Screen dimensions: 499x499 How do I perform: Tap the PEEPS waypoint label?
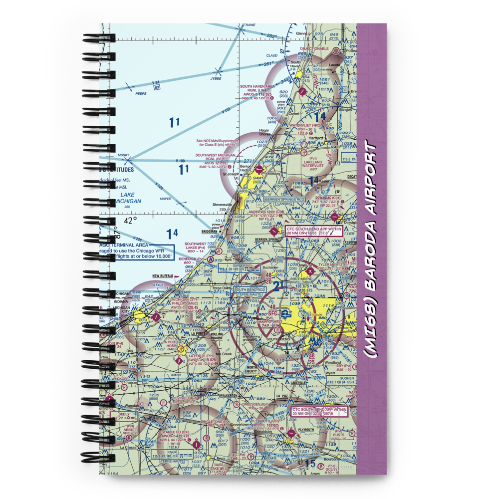click(127, 93)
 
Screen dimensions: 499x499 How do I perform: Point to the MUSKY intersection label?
click(123, 156)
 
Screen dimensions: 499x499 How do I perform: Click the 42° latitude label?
click(130, 220)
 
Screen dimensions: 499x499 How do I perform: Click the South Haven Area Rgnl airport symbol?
click(303, 91)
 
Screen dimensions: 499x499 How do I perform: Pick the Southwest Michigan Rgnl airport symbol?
click(258, 169)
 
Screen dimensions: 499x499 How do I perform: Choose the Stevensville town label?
click(222, 204)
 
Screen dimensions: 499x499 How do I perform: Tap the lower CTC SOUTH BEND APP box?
click(318, 411)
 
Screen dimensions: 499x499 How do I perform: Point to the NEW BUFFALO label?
click(163, 276)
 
